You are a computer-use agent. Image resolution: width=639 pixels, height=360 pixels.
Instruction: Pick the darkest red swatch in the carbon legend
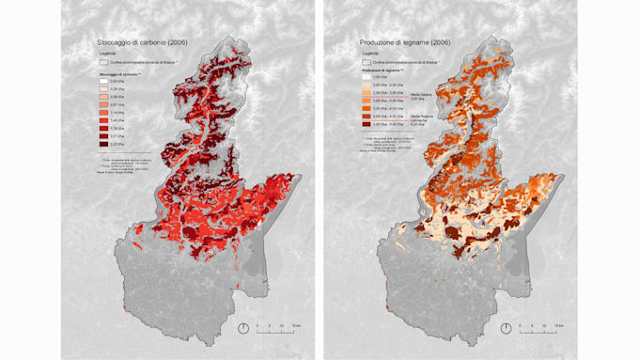104,145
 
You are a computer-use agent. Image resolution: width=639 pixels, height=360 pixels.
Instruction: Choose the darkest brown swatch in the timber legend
366,124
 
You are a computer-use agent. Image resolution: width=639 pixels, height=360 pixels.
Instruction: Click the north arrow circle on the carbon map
243,328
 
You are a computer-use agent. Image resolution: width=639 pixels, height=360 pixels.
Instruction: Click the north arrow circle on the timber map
506,328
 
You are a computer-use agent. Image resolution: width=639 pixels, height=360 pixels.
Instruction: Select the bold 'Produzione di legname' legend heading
382,70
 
